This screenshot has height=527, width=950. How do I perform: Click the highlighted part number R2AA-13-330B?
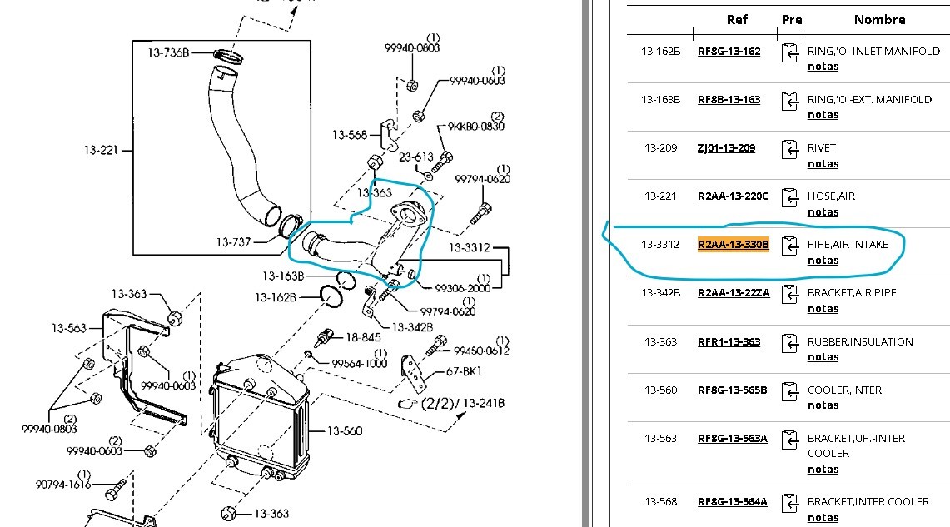point(733,244)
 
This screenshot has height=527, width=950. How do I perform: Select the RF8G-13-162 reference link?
point(729,52)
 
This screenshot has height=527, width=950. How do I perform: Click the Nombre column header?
point(880,19)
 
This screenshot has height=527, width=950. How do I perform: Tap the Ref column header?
point(737,19)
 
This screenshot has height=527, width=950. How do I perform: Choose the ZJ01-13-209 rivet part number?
point(726,148)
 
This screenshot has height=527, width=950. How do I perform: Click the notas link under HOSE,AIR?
point(823,212)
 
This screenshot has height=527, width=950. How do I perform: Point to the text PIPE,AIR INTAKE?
point(848,244)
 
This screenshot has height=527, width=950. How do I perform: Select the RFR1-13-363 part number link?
point(729,341)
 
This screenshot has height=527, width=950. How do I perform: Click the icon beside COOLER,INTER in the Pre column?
point(789,391)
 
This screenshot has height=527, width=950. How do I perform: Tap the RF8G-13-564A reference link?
point(733,501)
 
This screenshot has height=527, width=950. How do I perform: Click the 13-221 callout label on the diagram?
point(101,150)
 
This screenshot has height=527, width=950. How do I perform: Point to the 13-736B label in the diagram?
point(168,52)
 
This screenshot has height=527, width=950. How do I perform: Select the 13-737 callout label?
point(233,242)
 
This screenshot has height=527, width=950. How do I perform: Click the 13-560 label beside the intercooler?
point(345,430)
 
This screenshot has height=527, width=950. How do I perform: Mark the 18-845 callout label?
point(363,337)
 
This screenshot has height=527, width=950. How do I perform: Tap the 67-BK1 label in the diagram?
point(463,371)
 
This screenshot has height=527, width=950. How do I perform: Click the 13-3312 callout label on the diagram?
point(470,247)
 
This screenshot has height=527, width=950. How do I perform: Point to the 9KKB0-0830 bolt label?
point(475,126)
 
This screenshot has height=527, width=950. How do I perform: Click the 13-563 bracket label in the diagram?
point(69,328)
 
